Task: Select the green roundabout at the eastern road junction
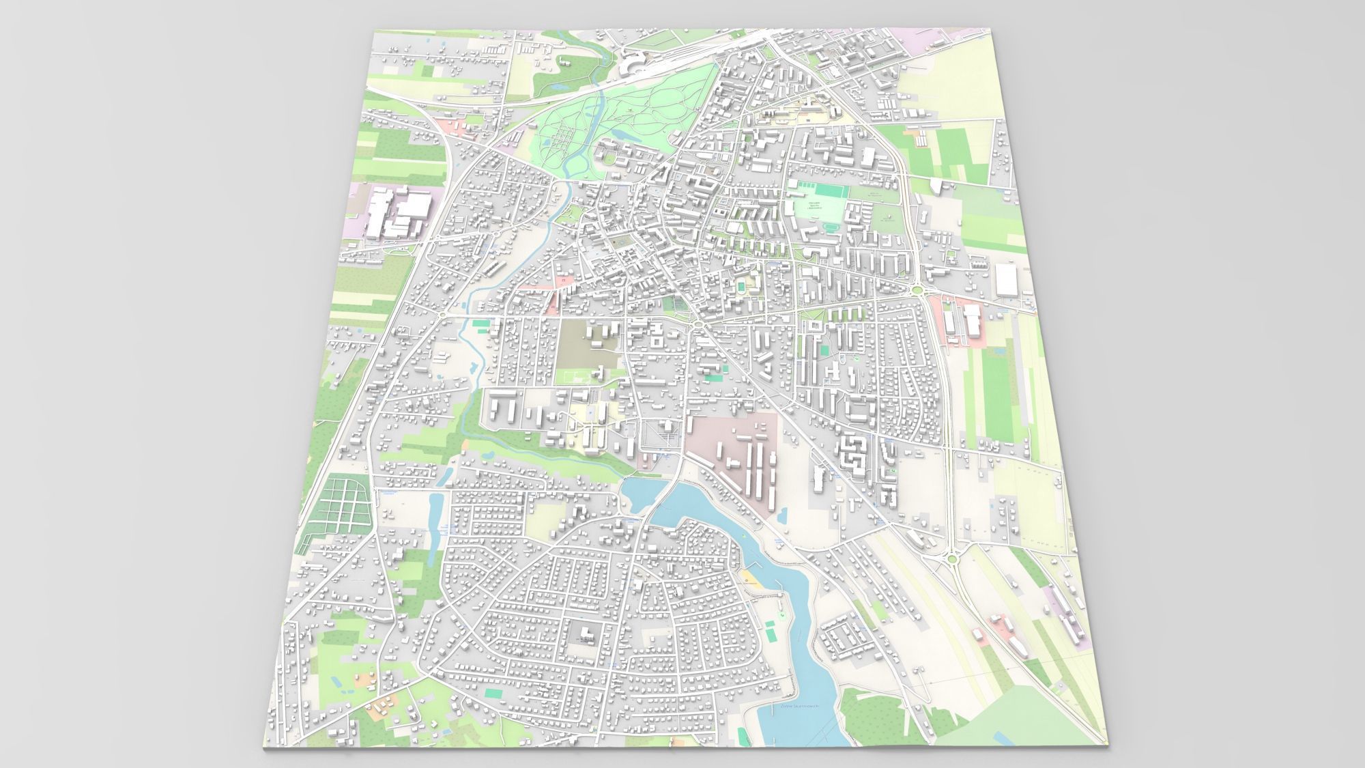(919, 292)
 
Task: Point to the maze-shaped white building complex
(851, 451)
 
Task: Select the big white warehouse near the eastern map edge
(1006, 280)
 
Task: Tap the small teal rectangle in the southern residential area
(491, 692)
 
